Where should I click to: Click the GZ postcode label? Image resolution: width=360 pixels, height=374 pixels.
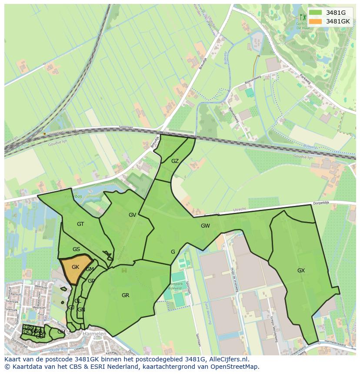coord(175,161)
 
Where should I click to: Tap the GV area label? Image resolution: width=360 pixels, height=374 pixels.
coord(132,215)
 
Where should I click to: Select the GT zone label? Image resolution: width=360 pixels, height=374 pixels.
coord(80,224)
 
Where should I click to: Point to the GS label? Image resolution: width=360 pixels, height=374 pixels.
coord(76,249)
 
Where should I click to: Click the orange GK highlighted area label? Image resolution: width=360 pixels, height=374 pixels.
coord(75,267)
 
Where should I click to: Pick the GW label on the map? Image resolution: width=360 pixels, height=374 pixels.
coord(205,226)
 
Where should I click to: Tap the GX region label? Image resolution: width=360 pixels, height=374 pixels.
coord(301,271)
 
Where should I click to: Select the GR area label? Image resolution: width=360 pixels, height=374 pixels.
coord(125,295)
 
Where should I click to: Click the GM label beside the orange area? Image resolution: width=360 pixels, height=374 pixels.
coord(90,269)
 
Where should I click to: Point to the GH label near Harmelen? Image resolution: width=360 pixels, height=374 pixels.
coord(61,332)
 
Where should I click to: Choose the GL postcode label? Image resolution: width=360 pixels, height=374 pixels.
coord(77,301)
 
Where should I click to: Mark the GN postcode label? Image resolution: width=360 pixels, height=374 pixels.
coord(81,310)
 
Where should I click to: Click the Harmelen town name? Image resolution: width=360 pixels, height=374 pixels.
coord(94,334)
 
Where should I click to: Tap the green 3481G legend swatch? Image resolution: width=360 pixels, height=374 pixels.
coord(316,13)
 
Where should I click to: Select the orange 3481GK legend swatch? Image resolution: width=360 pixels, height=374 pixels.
coord(316,21)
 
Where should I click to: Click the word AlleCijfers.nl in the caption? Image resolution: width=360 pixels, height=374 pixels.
coord(227,360)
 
